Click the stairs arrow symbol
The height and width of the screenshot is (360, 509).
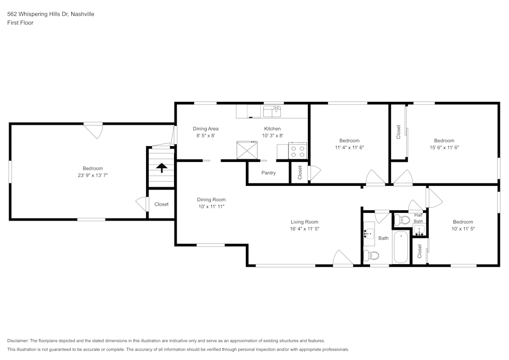point(161,168)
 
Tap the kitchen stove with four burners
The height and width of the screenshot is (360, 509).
point(298,151)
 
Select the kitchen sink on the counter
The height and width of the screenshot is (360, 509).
point(272,110)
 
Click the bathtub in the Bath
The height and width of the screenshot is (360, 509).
point(401,247)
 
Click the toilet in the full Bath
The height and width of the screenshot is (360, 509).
point(371,256)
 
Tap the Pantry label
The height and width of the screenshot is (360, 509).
point(268,173)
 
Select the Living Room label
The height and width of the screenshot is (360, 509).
point(304,222)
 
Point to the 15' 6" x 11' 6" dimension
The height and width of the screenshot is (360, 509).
point(444,148)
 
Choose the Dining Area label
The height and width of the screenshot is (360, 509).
point(205,129)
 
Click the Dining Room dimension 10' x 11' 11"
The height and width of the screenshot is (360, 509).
point(211,207)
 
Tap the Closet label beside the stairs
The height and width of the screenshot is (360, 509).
point(161,204)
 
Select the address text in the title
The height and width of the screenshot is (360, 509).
point(50,14)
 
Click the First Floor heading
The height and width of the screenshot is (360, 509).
point(20,23)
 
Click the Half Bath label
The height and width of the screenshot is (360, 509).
point(418,218)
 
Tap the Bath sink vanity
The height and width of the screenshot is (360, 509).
point(369,234)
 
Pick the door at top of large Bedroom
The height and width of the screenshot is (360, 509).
point(93,130)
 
